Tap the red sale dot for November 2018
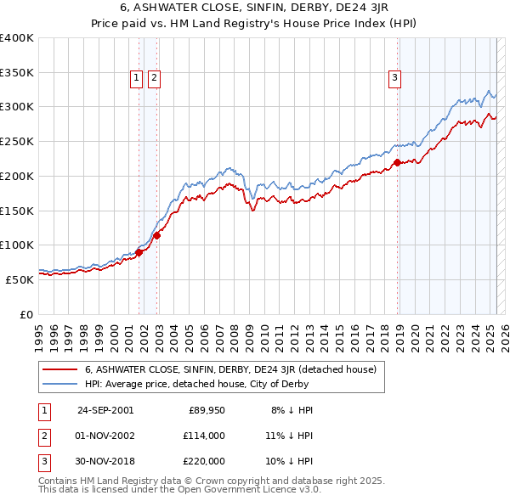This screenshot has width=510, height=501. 397,161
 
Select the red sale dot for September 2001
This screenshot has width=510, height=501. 139,251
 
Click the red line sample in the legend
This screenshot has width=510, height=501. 60,369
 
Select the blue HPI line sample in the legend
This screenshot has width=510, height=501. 60,383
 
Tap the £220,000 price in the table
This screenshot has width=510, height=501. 204,461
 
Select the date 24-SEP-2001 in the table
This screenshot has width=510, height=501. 105,410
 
